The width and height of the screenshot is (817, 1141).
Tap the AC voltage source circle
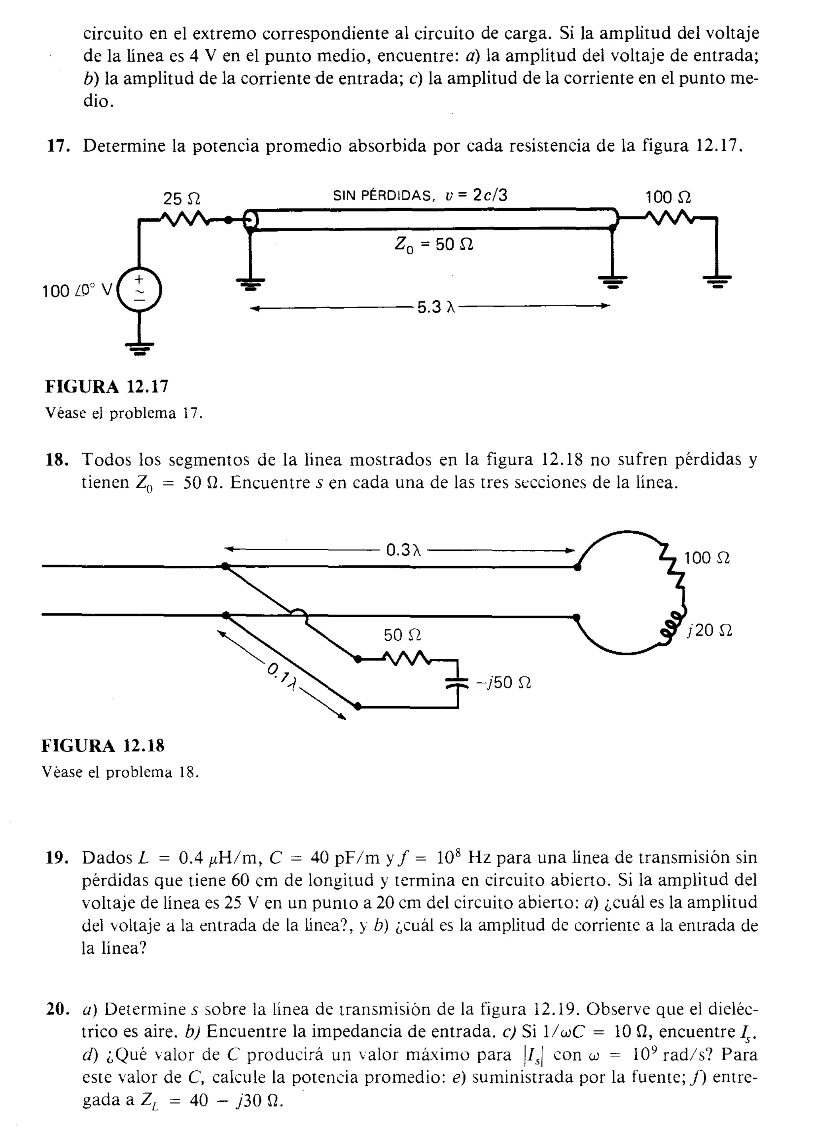(139, 290)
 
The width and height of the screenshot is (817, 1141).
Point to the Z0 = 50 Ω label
(433, 245)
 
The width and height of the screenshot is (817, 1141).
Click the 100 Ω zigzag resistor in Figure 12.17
(668, 218)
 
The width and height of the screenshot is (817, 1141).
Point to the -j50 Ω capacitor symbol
(458, 682)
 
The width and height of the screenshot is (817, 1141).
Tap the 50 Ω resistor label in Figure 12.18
(402, 635)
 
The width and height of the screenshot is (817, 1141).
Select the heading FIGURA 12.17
(107, 386)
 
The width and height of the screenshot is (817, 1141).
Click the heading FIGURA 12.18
(103, 745)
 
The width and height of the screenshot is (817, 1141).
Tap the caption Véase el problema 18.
(120, 772)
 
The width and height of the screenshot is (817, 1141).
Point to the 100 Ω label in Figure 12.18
(706, 557)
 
